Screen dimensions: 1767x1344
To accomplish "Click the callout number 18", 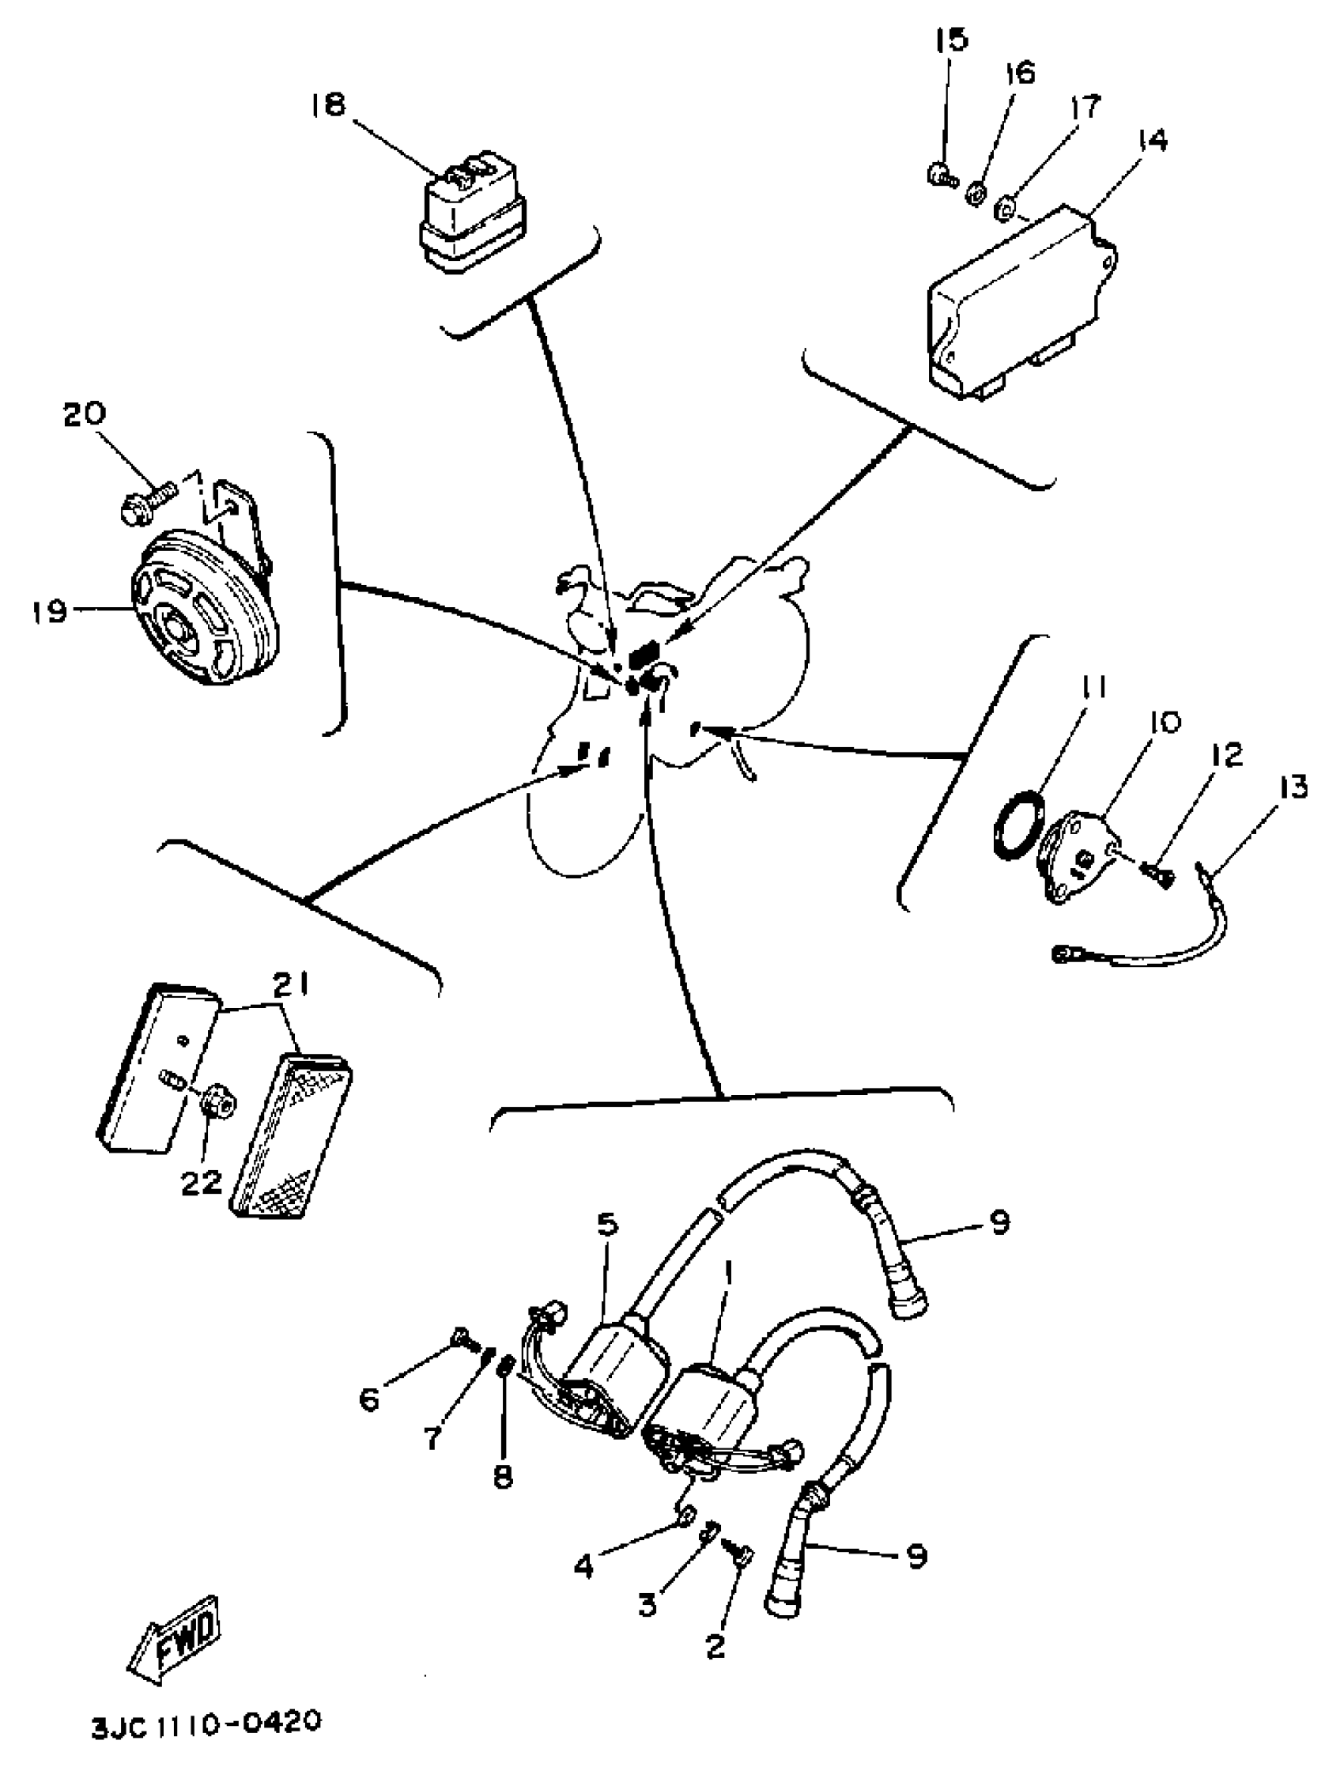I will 328,105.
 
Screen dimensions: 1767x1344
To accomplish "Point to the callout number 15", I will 951,40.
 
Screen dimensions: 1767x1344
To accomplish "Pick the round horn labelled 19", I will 205,611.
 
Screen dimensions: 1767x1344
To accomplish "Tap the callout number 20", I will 84,414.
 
